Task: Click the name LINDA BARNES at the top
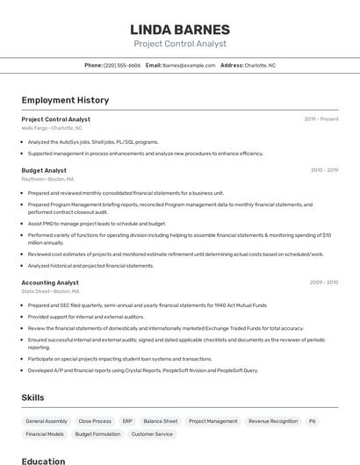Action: tap(179, 29)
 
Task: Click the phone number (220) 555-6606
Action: tap(122, 65)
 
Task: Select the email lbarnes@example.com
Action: tap(189, 65)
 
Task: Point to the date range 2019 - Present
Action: tap(320, 118)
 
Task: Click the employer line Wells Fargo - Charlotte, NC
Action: tap(52, 128)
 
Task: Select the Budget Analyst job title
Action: tap(44, 170)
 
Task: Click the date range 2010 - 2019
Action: tap(324, 170)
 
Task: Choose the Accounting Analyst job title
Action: tap(50, 283)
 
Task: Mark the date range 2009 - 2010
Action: tap(323, 283)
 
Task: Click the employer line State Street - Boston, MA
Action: tap(50, 291)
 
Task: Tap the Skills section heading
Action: tap(32, 397)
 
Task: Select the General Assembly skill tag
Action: tap(47, 421)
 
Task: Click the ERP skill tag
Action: tap(127, 421)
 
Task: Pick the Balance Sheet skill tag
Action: tap(161, 421)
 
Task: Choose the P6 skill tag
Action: tap(313, 421)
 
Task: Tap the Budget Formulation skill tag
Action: tap(97, 434)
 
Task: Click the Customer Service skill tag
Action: tap(152, 434)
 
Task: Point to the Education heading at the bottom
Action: tap(43, 461)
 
